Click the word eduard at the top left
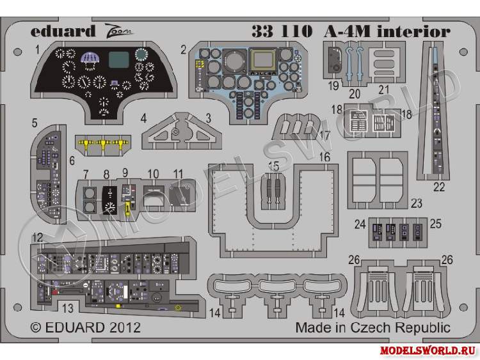(x=58, y=30)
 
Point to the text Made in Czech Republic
(x=372, y=327)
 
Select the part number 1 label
(x=38, y=49)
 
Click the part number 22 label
(x=438, y=187)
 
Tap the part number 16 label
(x=324, y=157)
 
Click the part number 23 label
(x=417, y=204)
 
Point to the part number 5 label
(x=35, y=121)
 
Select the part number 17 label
(x=324, y=136)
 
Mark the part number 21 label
(x=384, y=89)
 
